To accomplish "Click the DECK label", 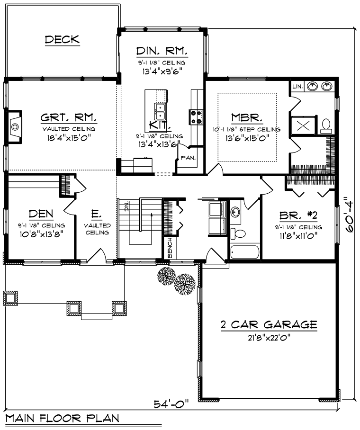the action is [x=62, y=39].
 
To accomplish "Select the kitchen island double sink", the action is [x=160, y=111].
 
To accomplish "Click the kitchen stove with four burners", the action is [x=196, y=117].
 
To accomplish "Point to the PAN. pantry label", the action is [x=188, y=158].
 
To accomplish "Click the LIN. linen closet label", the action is [x=297, y=87].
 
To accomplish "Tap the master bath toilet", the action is [x=326, y=126].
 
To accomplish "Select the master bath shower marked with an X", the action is [x=303, y=126].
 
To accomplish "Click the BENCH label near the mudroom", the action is [x=170, y=248].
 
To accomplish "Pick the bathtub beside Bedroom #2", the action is [x=245, y=252].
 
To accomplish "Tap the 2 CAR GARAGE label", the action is [x=269, y=325].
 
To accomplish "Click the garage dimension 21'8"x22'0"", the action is [x=269, y=337].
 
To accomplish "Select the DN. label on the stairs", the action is [x=126, y=206].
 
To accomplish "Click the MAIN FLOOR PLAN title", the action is [x=62, y=418].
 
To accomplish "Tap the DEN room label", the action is [x=41, y=214].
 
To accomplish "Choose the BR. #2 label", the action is [x=298, y=216].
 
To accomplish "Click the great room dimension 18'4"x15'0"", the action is [x=69, y=137].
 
